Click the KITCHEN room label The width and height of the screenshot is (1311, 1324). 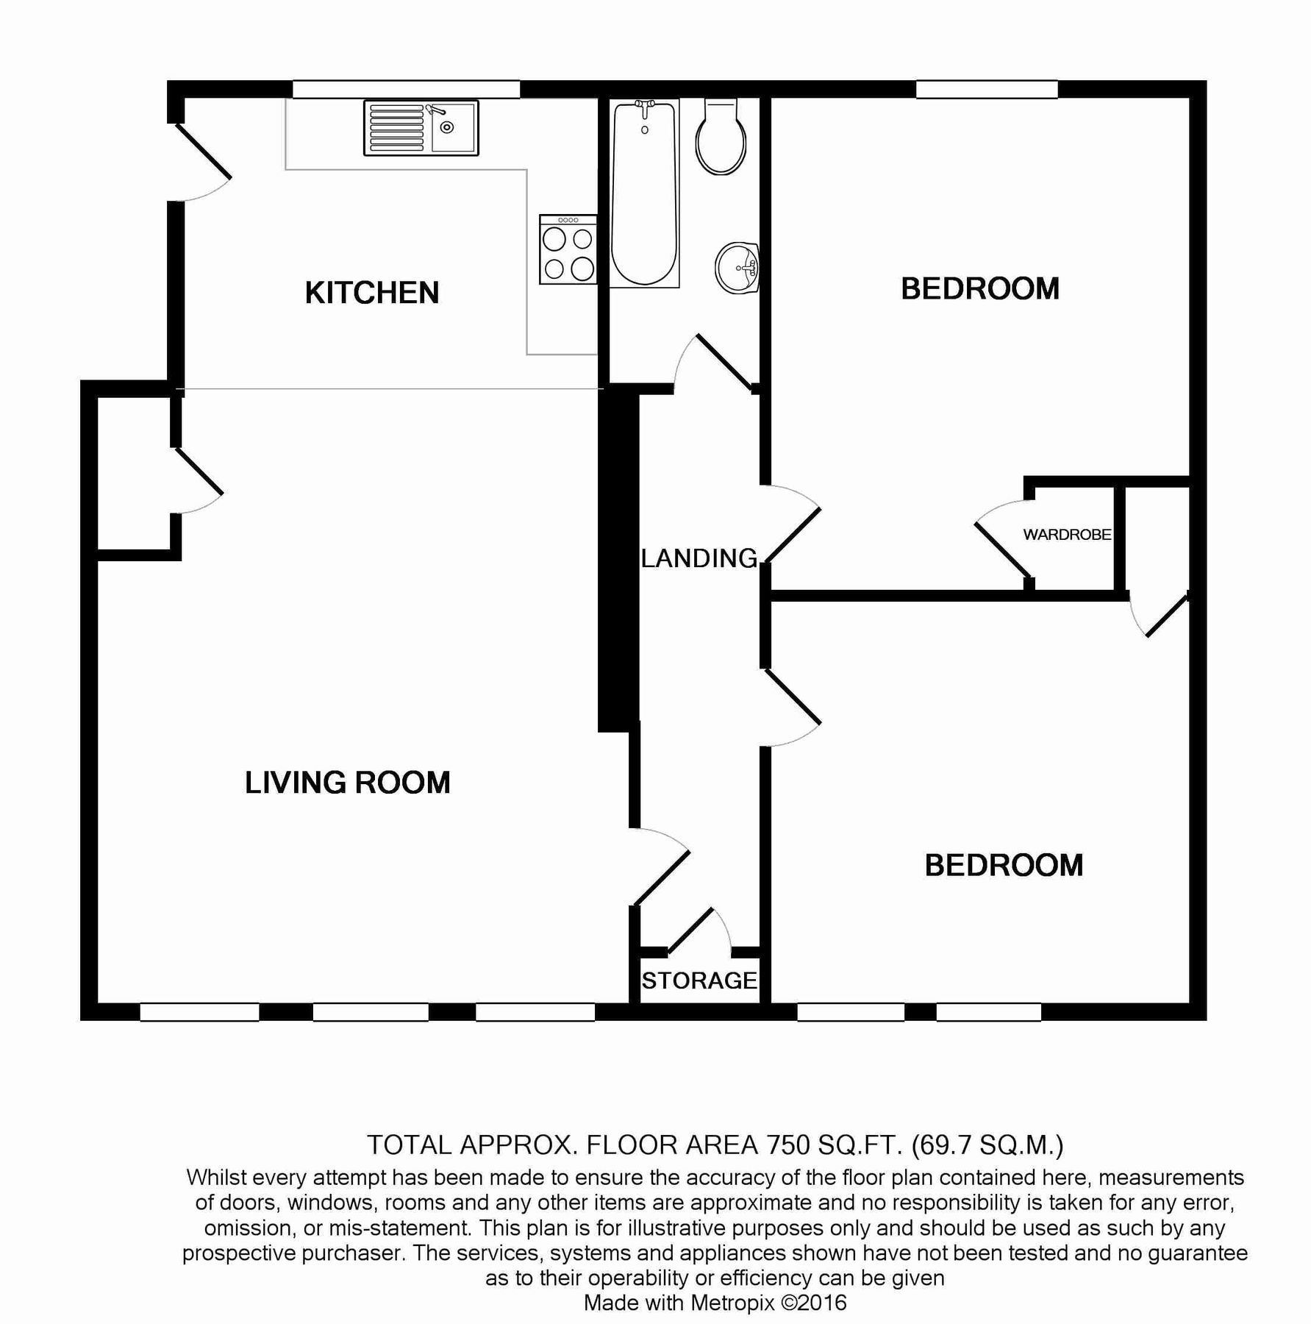pyautogui.click(x=371, y=293)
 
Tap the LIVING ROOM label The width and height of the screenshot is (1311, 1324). pyautogui.click(x=347, y=783)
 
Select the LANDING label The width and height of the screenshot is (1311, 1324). pyautogui.click(x=699, y=558)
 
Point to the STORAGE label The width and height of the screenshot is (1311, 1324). pyautogui.click(x=699, y=980)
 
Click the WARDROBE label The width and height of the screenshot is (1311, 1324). pyautogui.click(x=1067, y=535)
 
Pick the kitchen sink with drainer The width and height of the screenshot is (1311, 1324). pyautogui.click(x=421, y=128)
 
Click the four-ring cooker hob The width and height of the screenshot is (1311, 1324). pyautogui.click(x=568, y=249)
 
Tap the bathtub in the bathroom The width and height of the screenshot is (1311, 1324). pyautogui.click(x=644, y=193)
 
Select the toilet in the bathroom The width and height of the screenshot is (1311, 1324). pyautogui.click(x=722, y=139)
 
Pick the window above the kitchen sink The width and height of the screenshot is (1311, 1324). pyautogui.click(x=406, y=89)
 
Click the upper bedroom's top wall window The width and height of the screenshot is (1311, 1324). pyautogui.click(x=986, y=89)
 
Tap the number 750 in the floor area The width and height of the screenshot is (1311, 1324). pyautogui.click(x=789, y=1145)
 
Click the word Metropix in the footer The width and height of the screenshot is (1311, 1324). pyautogui.click(x=732, y=1303)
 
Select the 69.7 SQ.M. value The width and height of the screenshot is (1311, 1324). pyautogui.click(x=987, y=1145)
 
